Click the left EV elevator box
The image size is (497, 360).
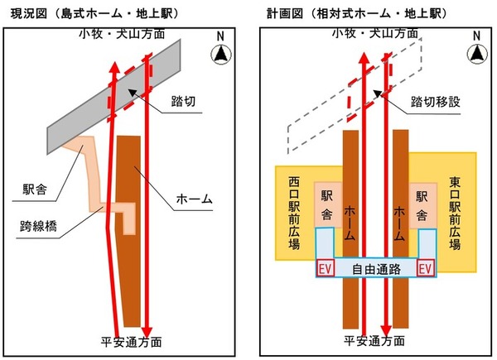tap(326, 269)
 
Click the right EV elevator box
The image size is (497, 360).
tap(426, 268)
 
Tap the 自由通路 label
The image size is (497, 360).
tap(376, 270)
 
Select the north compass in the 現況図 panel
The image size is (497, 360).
tap(221, 54)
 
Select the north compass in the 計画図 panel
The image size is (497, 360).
tap(477, 53)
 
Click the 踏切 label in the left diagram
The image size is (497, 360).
tap(183, 101)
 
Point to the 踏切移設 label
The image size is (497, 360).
tap(435, 102)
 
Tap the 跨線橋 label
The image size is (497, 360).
tap(38, 227)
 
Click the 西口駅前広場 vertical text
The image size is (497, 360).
tap(294, 213)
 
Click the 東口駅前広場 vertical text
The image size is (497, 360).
tap(455, 213)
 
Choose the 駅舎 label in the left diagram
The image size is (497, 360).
tap(35, 190)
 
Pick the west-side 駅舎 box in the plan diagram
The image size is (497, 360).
tap(328, 205)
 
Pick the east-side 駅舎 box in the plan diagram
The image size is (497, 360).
tap(422, 205)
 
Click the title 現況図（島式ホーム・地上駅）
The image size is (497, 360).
tap(94, 13)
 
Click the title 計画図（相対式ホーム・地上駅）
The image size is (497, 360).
tap(357, 13)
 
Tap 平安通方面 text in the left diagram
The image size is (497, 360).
tap(131, 342)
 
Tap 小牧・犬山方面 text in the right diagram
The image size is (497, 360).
tap(375, 33)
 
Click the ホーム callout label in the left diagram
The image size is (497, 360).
tap(194, 199)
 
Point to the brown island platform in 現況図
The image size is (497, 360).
tap(128, 231)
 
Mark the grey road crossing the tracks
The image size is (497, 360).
tap(114, 97)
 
